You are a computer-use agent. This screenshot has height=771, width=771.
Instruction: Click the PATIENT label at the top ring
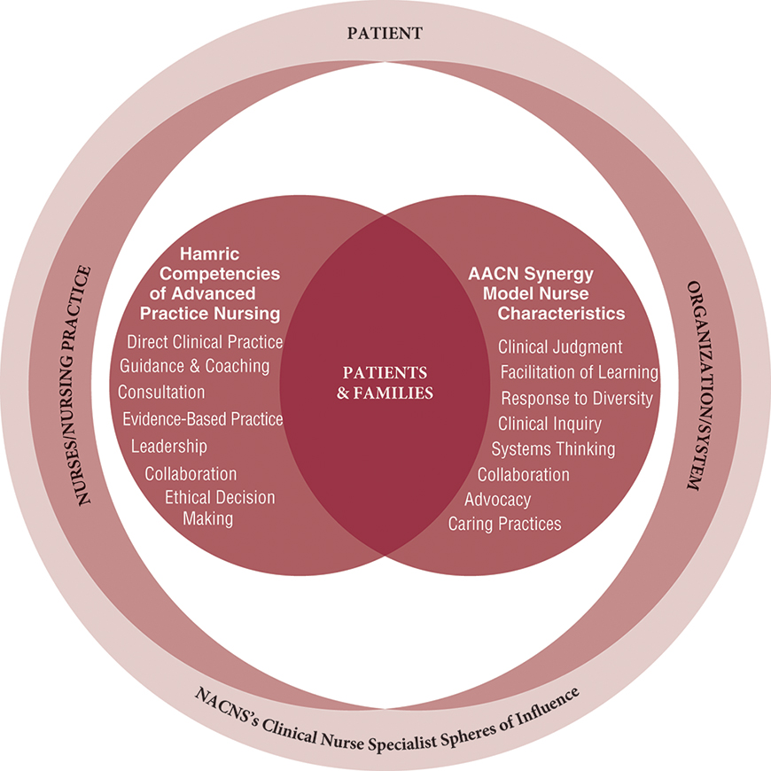[385, 35]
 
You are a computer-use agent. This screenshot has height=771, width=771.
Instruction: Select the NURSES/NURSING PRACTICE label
[86, 385]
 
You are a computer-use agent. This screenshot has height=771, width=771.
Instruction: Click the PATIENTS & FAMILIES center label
[385, 382]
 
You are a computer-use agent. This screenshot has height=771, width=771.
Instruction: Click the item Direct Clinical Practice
[205, 342]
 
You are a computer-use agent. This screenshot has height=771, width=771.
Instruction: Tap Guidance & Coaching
[194, 366]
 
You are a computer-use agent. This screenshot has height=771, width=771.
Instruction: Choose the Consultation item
[161, 392]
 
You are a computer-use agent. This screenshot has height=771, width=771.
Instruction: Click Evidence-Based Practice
[203, 419]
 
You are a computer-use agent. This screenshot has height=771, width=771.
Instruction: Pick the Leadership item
[168, 446]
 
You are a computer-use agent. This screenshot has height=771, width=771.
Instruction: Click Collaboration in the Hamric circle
[191, 474]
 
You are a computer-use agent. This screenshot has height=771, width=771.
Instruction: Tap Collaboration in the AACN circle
[523, 474]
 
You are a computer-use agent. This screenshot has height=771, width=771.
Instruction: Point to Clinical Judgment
[560, 347]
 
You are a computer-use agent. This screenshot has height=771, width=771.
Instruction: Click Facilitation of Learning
[579, 372]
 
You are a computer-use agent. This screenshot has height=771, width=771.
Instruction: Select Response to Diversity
[577, 398]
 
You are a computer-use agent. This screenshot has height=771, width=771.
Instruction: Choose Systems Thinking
[553, 449]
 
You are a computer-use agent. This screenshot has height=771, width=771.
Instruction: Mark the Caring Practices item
[504, 524]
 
